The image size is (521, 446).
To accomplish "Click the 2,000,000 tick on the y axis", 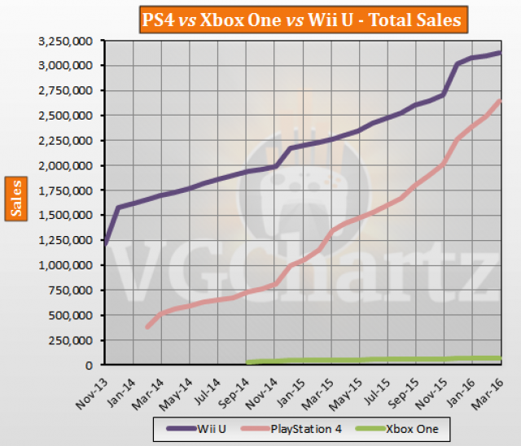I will (x=69, y=166).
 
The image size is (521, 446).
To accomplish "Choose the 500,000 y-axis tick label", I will (x=74, y=316).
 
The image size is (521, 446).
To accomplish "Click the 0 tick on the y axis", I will (x=92, y=365).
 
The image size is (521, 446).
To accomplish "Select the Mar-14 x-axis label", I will (x=151, y=387).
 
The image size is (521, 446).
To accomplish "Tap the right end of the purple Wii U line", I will (x=500, y=52).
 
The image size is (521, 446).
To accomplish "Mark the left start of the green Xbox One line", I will (x=247, y=362).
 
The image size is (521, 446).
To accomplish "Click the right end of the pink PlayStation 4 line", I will (x=500, y=100).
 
